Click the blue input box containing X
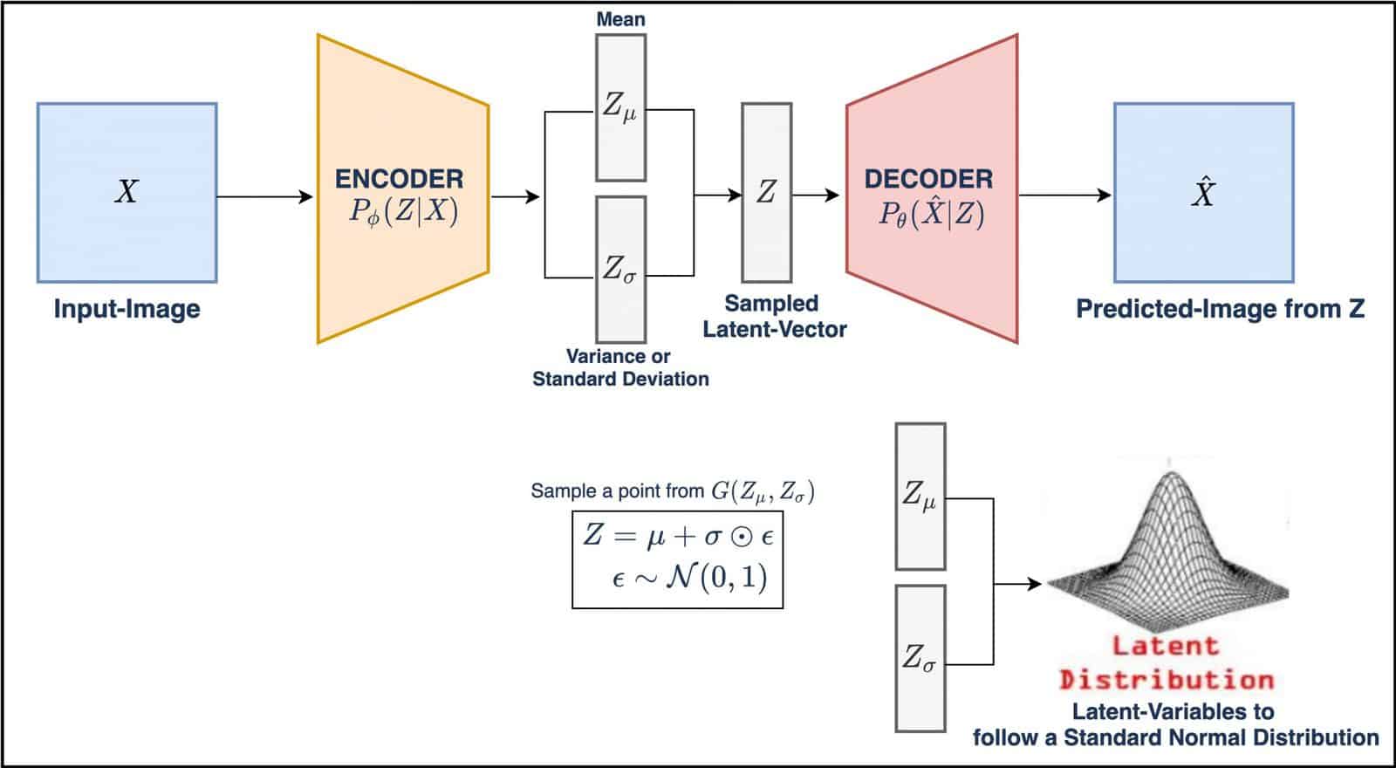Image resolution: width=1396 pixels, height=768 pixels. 127,193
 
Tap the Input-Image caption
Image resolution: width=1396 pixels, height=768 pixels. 127,309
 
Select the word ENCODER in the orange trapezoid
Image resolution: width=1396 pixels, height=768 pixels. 400,179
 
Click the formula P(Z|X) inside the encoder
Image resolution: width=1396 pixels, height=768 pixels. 403,212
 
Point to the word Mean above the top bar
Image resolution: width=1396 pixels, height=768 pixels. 620,18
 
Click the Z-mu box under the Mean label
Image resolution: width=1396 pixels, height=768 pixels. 620,106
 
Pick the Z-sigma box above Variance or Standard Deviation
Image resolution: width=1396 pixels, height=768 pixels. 620,269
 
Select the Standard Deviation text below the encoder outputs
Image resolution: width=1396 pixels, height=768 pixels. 620,379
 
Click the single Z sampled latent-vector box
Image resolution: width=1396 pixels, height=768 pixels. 766,192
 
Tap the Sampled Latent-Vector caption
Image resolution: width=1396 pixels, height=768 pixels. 774,316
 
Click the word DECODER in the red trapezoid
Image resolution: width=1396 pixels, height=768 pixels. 928,179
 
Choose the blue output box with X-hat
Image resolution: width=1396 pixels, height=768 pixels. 1203,193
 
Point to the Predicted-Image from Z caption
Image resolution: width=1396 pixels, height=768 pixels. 1220,309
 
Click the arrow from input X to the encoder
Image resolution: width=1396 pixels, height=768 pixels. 264,197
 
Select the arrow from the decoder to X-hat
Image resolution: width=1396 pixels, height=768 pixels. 1064,195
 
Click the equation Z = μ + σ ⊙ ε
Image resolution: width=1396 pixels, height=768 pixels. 678,535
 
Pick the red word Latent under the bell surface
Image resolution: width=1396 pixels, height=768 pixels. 1165,647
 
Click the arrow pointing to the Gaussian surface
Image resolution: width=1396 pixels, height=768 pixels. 1019,584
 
